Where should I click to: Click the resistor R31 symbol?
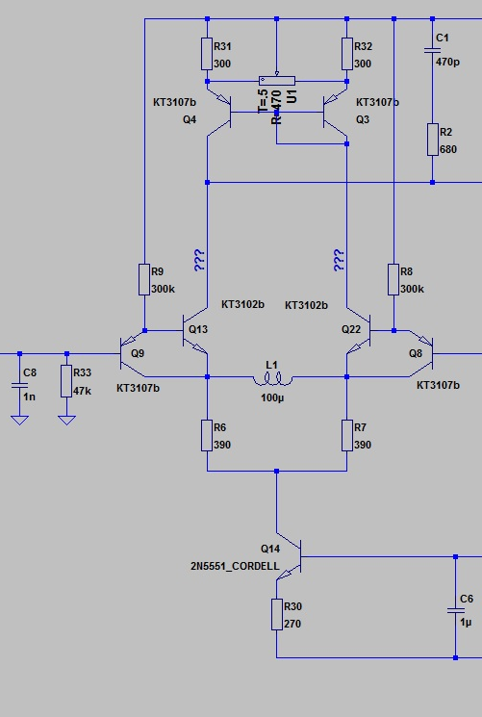pyautogui.click(x=207, y=54)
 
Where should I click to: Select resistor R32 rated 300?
pyautogui.click(x=346, y=54)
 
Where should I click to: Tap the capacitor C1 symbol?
pyautogui.click(x=432, y=49)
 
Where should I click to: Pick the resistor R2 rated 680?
pyautogui.click(x=432, y=139)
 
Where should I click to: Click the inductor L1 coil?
pyautogui.click(x=273, y=380)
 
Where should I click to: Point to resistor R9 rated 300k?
pyautogui.click(x=144, y=279)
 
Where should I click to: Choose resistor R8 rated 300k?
pyautogui.click(x=393, y=279)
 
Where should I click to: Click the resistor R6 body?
pyautogui.click(x=207, y=435)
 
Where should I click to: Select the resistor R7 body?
pyautogui.click(x=346, y=435)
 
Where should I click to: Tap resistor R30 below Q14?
pyautogui.click(x=277, y=614)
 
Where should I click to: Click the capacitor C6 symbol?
pyautogui.click(x=455, y=610)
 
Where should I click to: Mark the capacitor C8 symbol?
pyautogui.click(x=19, y=385)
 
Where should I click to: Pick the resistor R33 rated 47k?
pyautogui.click(x=66, y=380)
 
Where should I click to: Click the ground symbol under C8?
pyautogui.click(x=19, y=420)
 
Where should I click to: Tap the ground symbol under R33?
pyautogui.click(x=66, y=420)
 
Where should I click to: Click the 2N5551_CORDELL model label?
pyautogui.click(x=235, y=566)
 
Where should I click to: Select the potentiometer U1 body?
pyautogui.click(x=277, y=81)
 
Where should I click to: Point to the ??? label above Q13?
pyautogui.click(x=199, y=260)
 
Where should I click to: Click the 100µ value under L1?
pyautogui.click(x=272, y=397)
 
